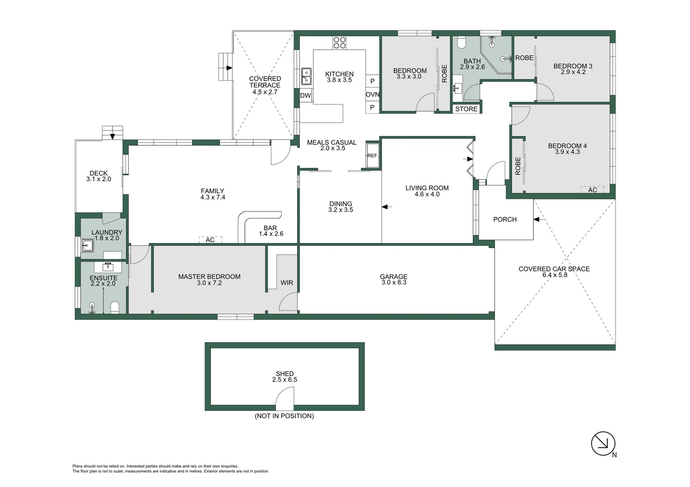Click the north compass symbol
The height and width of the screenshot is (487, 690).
603,444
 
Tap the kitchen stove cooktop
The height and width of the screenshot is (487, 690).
340,43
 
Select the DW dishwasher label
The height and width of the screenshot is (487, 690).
306,96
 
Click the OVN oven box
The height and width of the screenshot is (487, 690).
373,95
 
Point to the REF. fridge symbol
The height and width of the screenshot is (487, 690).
373,156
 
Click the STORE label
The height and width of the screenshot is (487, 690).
466,109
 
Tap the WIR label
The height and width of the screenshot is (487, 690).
287,283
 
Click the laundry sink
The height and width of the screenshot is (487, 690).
88,246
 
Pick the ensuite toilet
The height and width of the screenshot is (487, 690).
115,308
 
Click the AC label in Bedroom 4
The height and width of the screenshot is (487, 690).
592,190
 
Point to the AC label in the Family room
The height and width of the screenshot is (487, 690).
210,240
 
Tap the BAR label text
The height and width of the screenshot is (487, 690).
270,228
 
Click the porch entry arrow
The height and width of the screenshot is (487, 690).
537,220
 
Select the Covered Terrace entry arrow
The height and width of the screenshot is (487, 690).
229,68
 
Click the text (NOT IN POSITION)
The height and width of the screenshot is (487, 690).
284,416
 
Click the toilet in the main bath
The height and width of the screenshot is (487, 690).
462,43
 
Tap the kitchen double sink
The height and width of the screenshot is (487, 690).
306,76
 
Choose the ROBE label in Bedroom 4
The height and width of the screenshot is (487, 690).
518,166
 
